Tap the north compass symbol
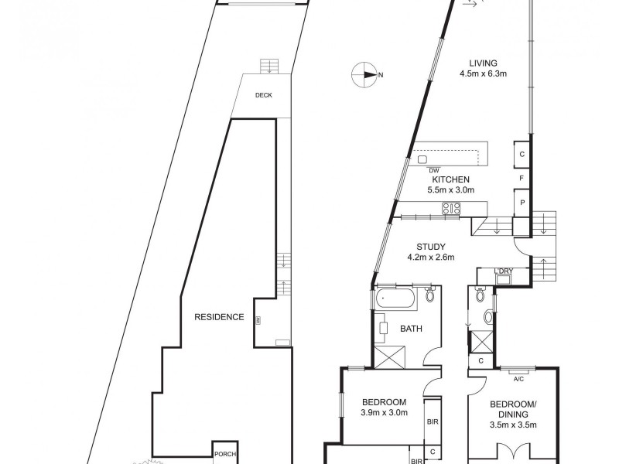tap(364, 74)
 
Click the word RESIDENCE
tap(219, 317)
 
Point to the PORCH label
tap(225, 454)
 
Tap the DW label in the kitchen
tap(433, 170)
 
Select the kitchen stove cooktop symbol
tap(450, 207)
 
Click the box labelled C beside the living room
tap(522, 155)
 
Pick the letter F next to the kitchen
tap(522, 179)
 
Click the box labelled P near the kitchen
tap(522, 203)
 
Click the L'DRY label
tap(505, 271)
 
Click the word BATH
tap(411, 329)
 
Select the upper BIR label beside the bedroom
tap(432, 423)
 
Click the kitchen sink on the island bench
tap(423, 159)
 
